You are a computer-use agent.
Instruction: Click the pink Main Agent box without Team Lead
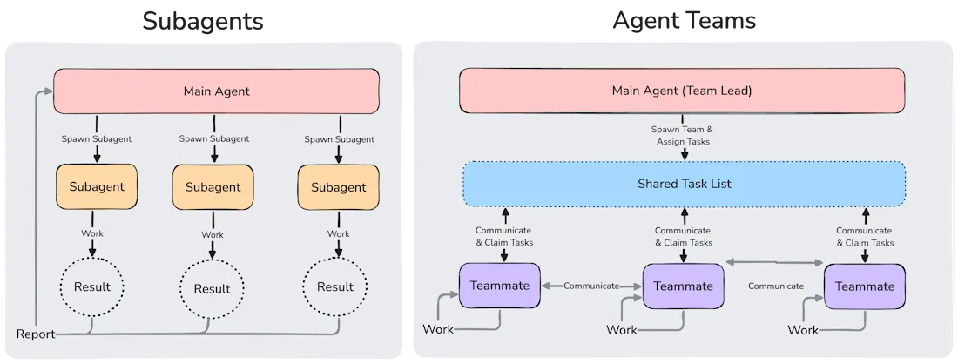click(216, 91)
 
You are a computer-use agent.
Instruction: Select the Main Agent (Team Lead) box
click(682, 91)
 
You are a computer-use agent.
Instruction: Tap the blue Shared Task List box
click(684, 183)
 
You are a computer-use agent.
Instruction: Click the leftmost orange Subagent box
click(97, 186)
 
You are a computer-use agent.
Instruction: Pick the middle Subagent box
click(213, 187)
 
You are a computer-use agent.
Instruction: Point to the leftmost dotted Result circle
click(91, 286)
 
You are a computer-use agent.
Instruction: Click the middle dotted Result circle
click(212, 288)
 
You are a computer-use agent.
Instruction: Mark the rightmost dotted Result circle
click(335, 286)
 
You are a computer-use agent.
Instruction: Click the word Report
click(36, 334)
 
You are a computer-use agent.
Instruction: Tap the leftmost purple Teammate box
click(499, 285)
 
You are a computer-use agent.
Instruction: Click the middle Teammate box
click(683, 286)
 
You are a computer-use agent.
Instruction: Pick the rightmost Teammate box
click(864, 286)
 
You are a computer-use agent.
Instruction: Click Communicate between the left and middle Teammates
click(591, 286)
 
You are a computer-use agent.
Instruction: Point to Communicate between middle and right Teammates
click(775, 286)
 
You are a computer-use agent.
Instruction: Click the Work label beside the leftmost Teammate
click(438, 329)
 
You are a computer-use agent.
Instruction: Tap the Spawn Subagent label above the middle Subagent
click(213, 138)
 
